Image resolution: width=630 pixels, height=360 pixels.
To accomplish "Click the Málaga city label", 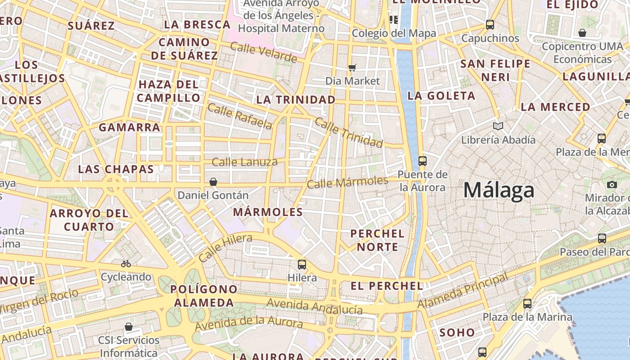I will click(499, 190).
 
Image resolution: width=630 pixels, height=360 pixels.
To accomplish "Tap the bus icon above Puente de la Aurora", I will click(422, 161).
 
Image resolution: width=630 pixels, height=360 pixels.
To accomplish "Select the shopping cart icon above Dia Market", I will click(352, 68).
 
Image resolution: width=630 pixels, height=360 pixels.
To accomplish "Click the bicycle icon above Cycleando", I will click(126, 264).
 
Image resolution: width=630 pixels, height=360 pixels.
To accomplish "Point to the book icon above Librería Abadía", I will click(498, 126).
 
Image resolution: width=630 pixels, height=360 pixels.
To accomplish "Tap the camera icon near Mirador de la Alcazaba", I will click(612, 184).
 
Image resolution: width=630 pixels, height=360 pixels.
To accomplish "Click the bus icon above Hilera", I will click(302, 265).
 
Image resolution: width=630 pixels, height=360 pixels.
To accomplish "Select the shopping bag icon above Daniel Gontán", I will click(213, 182).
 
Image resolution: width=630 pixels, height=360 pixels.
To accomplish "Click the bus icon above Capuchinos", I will click(490, 25).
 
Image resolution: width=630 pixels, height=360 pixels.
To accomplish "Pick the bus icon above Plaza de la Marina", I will click(527, 304).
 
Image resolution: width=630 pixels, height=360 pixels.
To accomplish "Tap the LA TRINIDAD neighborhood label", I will click(296, 99).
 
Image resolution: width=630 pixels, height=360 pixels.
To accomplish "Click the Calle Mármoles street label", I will click(347, 182).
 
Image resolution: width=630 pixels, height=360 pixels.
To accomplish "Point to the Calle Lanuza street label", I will click(244, 162).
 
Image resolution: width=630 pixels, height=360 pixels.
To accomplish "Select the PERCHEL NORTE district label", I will click(377, 240).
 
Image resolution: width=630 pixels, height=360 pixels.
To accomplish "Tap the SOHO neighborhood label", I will click(457, 333).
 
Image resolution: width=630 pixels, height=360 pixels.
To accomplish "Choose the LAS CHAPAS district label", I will click(116, 169).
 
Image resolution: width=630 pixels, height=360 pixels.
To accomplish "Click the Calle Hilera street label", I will click(225, 248).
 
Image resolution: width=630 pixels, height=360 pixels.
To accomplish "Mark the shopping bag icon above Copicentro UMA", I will click(582, 33).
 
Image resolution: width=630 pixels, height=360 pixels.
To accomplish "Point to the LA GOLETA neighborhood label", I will click(441, 95).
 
